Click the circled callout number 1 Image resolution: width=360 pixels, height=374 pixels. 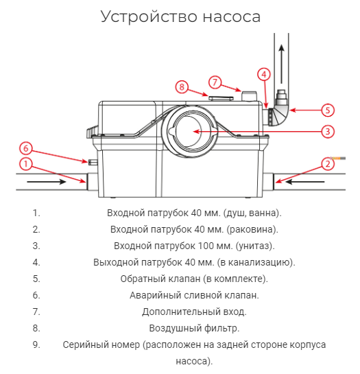click(26, 164)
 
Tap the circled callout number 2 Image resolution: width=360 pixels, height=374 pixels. click(328, 164)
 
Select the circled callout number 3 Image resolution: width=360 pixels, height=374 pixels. click(328, 132)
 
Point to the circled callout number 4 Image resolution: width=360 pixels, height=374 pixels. click(264, 74)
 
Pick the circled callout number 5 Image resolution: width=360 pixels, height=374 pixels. click(328, 110)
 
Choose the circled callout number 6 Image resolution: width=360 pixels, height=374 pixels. click(26, 148)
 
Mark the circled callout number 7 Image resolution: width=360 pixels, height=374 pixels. click(215, 82)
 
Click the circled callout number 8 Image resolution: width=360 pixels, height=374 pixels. click(182, 87)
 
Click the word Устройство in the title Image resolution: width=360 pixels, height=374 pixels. click(149, 16)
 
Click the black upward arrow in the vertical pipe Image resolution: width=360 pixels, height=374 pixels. click(282, 64)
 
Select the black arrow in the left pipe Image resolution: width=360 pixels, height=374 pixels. click(47, 182)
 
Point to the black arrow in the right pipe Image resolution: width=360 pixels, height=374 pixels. click(304, 182)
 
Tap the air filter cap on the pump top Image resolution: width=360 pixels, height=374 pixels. click(221, 98)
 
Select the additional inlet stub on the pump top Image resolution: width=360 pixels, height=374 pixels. click(249, 96)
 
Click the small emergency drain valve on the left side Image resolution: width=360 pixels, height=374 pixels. click(93, 162)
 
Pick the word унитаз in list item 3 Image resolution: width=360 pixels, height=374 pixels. click(254, 246)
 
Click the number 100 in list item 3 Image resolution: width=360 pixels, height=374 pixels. click(206, 246)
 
